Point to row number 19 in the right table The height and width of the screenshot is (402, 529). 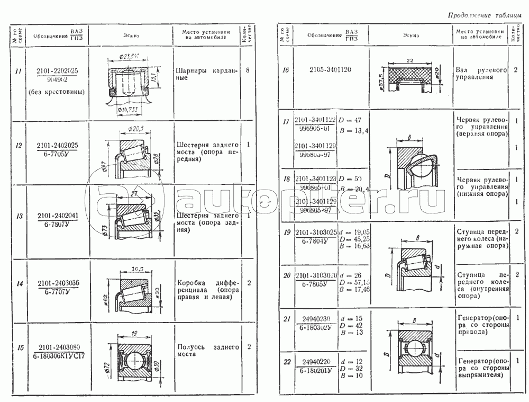pos(286,233)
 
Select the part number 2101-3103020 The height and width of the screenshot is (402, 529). pos(316,276)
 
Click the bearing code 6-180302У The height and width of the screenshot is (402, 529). pos(316,327)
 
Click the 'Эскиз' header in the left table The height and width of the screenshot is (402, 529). pos(130,36)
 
